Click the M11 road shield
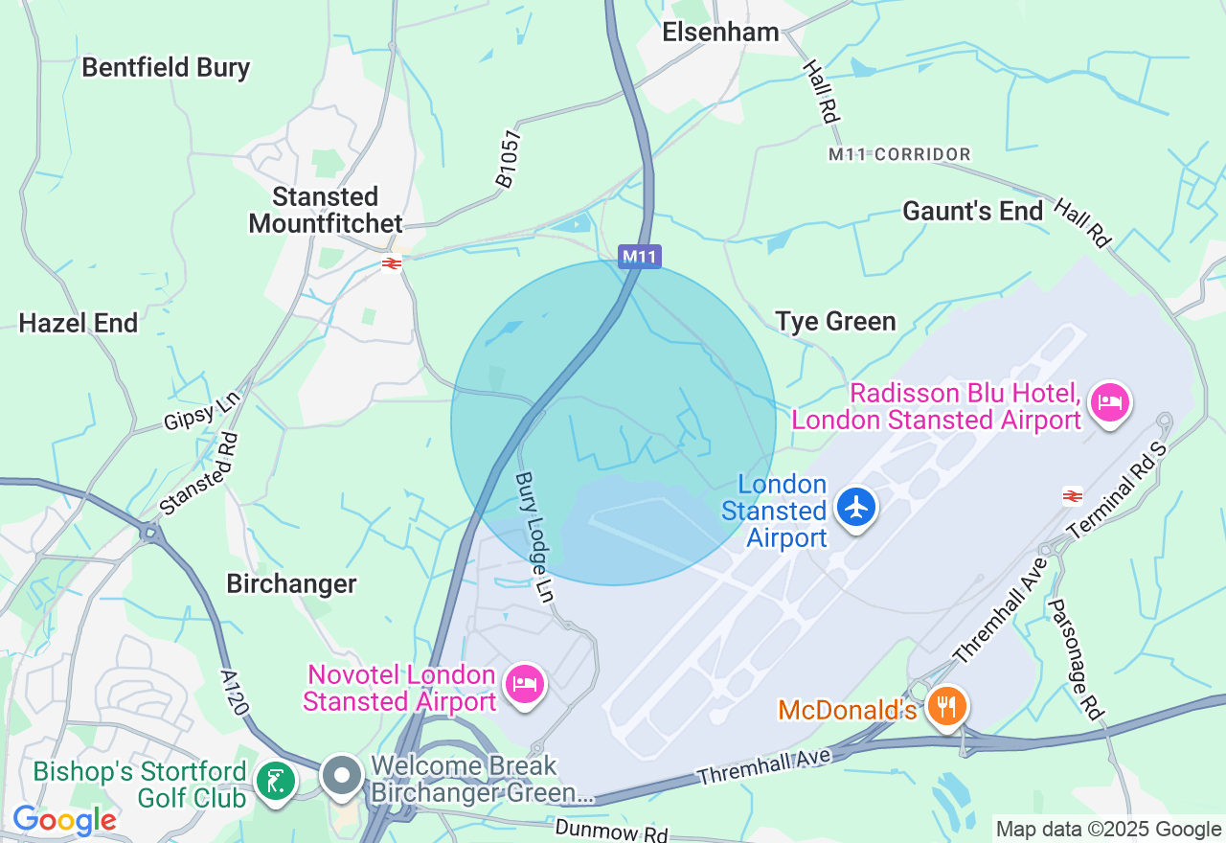pos(639,256)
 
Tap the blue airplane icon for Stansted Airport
pos(855,507)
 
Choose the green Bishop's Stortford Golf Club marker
pos(276,782)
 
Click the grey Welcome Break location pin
pos(341,776)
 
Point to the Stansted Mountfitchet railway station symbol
pos(391,263)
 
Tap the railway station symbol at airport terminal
pos(1072,495)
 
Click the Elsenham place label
pos(721,33)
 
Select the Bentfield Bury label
pos(166,68)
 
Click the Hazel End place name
pos(79,323)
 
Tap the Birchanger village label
pos(291,583)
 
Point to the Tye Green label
pos(835,321)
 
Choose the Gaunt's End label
pos(972,211)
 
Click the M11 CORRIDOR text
pos(899,154)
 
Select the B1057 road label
pos(507,158)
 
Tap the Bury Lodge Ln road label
pos(534,536)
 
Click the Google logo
pos(64,821)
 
